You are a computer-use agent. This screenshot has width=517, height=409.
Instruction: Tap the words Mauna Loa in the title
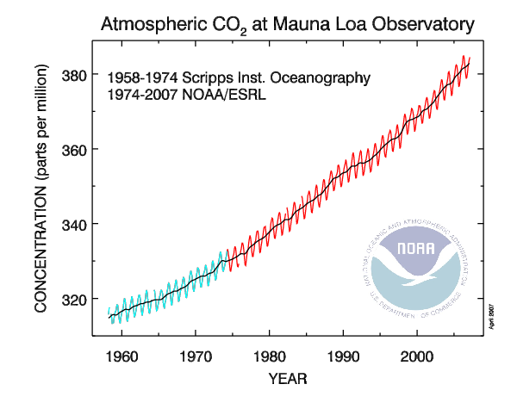(307, 22)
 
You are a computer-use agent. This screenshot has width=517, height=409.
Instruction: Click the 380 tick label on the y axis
(75, 75)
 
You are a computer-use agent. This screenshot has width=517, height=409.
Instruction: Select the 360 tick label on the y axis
(75, 150)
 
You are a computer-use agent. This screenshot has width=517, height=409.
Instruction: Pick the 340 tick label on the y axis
(75, 225)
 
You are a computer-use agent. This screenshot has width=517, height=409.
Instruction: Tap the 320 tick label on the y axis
(75, 300)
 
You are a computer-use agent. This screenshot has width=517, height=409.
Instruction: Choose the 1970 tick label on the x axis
(196, 355)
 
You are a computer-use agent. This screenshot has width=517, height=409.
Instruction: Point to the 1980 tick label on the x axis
(271, 355)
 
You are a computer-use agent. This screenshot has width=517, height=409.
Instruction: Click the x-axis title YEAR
(287, 377)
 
